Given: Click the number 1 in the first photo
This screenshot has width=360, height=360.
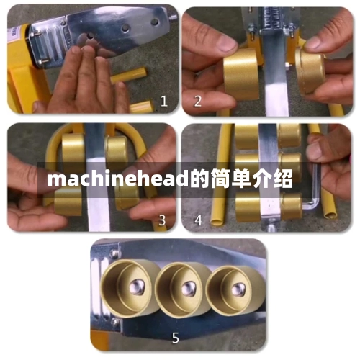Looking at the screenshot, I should pyautogui.click(x=163, y=102).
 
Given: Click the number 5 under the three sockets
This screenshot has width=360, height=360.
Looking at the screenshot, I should pyautogui.click(x=176, y=336).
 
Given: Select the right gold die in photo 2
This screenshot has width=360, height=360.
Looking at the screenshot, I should pyautogui.click(x=317, y=72).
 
